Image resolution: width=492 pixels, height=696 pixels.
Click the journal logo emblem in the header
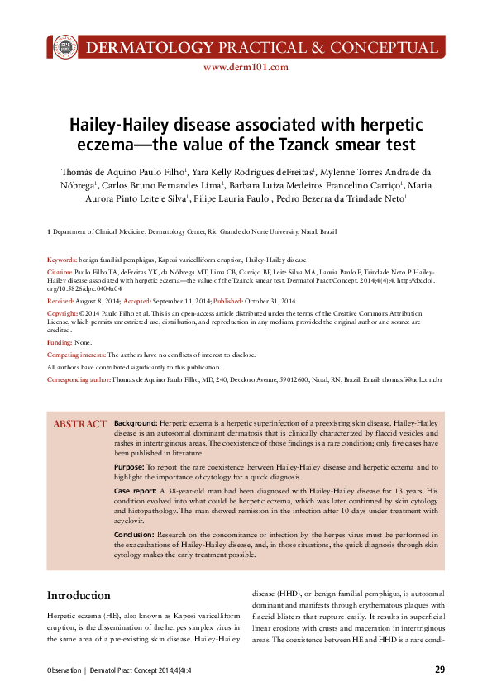64,46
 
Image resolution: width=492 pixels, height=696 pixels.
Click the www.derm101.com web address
246,68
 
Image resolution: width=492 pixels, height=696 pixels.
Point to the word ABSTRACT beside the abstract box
80,424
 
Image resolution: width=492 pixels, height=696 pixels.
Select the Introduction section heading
79,595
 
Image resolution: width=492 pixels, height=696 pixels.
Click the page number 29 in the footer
440,670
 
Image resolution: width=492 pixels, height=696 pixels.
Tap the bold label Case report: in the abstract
136,491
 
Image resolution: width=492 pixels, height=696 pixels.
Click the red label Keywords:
62,259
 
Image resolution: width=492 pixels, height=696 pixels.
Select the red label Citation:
60,271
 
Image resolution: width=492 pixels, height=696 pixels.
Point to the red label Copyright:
63,314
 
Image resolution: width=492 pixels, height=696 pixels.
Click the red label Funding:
60,341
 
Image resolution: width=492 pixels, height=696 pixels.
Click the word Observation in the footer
63,670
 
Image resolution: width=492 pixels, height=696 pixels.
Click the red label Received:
60,302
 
